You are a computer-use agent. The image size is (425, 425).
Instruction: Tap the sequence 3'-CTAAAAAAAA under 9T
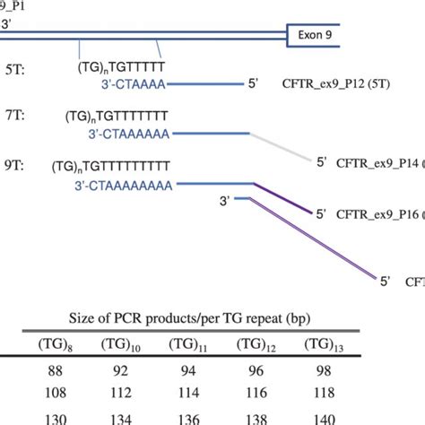(135, 183)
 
